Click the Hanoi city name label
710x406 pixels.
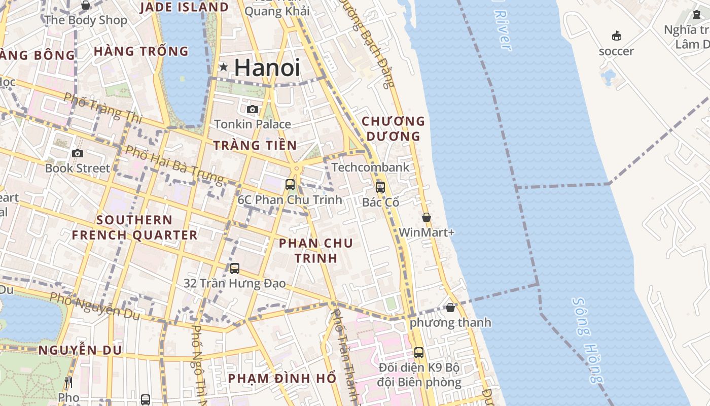tap(267, 67)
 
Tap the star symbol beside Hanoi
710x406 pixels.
tap(223, 67)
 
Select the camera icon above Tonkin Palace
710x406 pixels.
tap(252, 109)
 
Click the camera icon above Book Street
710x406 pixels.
tap(78, 153)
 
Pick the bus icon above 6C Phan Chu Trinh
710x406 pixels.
tap(290, 185)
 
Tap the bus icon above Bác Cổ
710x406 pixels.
tap(380, 187)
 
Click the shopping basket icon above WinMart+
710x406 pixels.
tap(427, 217)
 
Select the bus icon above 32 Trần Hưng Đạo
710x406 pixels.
tap(234, 268)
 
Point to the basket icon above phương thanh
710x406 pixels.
tap(450, 308)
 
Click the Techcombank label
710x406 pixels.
tap(370, 167)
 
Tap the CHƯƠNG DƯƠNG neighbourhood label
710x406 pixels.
tap(393, 128)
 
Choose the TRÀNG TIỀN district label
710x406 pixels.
tap(255, 145)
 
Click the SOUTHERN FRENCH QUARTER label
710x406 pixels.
tap(134, 227)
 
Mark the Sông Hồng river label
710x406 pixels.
tap(588, 340)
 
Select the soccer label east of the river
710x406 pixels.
tap(616, 51)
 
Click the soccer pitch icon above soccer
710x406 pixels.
tap(617, 36)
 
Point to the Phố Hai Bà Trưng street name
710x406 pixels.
tap(174, 165)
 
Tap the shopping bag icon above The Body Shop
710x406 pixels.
tap(86, 5)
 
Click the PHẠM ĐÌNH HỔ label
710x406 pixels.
tap(282, 378)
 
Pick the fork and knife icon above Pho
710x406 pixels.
tap(68, 383)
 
